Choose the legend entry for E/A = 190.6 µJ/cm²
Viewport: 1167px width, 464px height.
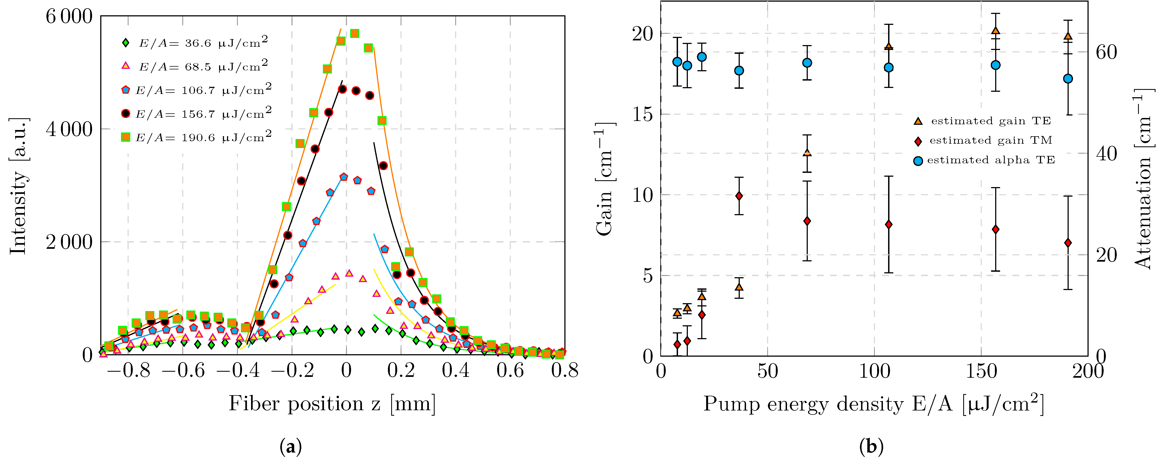click(196, 137)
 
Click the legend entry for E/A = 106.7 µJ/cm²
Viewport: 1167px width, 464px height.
click(196, 90)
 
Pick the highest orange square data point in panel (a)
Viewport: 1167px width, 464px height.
click(355, 34)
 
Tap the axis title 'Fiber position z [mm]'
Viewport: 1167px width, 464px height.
click(332, 403)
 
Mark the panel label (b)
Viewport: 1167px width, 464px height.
click(871, 447)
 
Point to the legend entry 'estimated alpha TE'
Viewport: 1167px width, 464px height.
click(984, 160)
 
